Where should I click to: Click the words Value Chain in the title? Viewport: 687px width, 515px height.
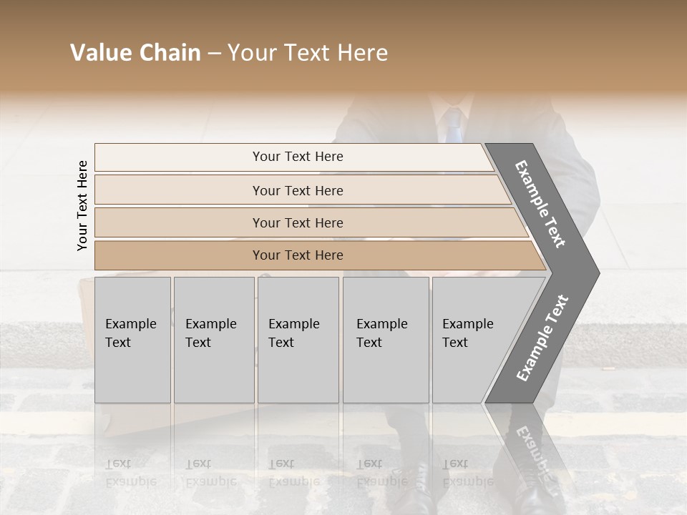tap(135, 53)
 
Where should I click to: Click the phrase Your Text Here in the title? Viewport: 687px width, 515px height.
tap(308, 53)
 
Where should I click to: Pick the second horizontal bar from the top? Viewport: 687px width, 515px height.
tap(297, 190)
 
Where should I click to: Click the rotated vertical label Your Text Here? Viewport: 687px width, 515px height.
tap(82, 205)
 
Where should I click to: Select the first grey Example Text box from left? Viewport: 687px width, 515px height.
tap(132, 340)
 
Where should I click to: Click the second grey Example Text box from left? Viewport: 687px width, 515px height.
tap(214, 340)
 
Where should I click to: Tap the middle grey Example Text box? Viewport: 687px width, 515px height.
tap(298, 340)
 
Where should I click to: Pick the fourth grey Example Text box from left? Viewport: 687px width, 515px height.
tap(386, 340)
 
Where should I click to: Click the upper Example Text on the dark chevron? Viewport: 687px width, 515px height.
tap(541, 204)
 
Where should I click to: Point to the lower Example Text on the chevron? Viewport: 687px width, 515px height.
tap(542, 338)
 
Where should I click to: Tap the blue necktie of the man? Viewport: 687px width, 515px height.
tap(452, 125)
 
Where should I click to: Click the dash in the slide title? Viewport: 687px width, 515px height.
tap(214, 54)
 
